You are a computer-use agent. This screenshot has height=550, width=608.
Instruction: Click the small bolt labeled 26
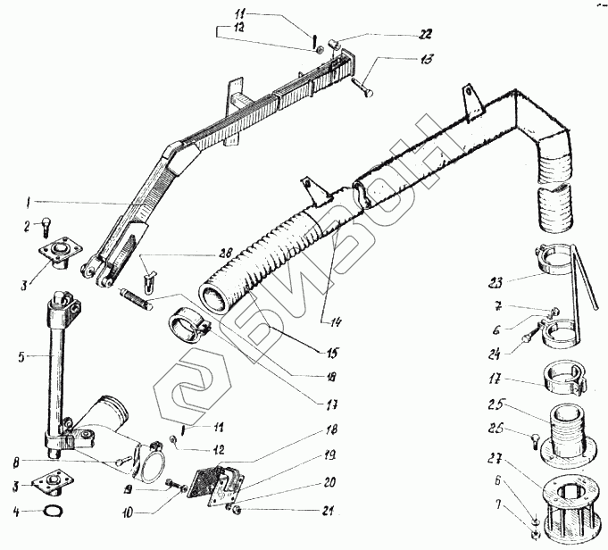tap(531, 438)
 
